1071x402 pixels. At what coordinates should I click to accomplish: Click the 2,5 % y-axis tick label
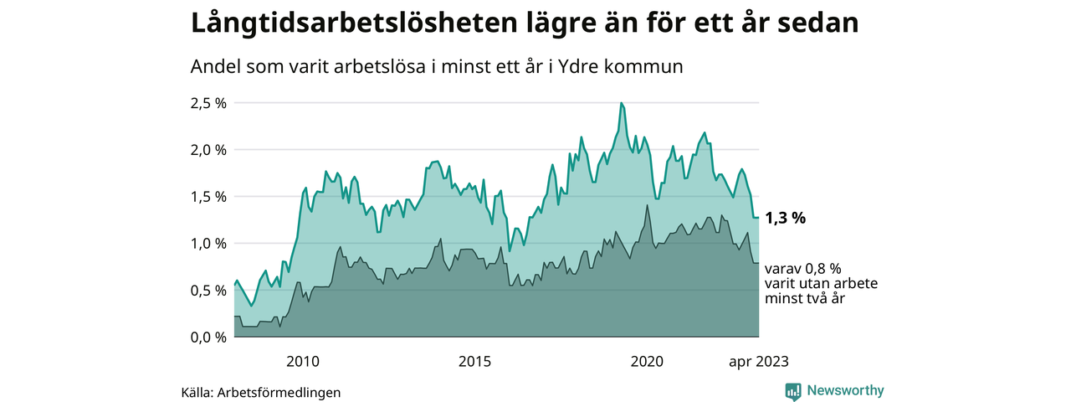click(209, 103)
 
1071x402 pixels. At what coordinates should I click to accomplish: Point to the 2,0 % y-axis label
click(209, 150)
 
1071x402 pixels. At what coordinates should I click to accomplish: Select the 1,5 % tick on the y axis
click(209, 197)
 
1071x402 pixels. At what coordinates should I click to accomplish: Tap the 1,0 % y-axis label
click(209, 244)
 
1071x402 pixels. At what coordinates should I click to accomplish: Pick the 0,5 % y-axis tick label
click(209, 291)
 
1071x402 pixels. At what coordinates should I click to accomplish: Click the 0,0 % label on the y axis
click(209, 338)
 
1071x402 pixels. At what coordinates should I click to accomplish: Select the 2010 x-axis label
click(303, 362)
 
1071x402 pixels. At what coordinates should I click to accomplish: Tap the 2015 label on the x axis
click(475, 362)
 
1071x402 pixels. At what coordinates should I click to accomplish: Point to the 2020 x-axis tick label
click(647, 362)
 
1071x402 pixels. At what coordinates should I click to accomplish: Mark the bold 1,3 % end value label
click(786, 219)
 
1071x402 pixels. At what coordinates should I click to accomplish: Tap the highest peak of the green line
click(621, 103)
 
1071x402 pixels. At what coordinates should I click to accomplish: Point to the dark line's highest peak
click(647, 205)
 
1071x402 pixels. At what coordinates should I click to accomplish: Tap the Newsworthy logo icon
click(793, 391)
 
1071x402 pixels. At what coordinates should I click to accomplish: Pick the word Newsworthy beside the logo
click(845, 391)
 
